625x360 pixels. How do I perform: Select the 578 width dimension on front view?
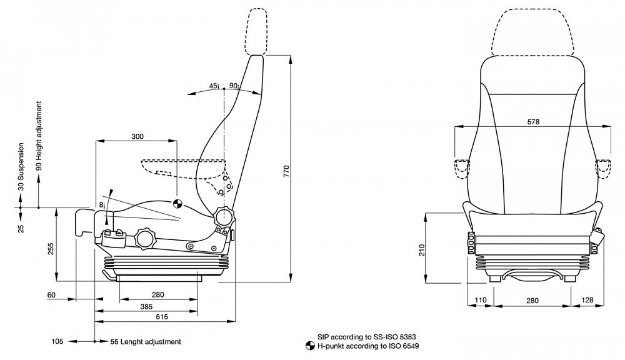(532, 122)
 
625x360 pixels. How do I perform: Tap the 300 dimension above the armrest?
(137, 136)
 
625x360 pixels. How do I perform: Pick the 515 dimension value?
(162, 317)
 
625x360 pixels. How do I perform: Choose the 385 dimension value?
(146, 306)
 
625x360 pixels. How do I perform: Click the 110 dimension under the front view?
(479, 301)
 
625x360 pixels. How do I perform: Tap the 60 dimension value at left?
(51, 294)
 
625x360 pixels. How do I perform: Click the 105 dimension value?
(57, 342)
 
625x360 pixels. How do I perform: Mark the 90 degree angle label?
(233, 86)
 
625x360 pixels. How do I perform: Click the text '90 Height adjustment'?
(38, 135)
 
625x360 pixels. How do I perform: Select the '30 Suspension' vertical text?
(21, 166)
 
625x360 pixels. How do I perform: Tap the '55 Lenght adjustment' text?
(146, 342)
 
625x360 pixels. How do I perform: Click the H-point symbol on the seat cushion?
(177, 202)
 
